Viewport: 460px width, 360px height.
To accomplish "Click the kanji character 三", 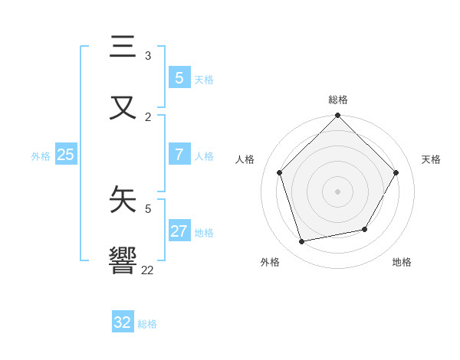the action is pyautogui.click(x=123, y=47).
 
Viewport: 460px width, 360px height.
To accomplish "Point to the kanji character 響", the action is pyautogui.click(x=123, y=260).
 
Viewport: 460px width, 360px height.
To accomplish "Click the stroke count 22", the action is pyautogui.click(x=147, y=270).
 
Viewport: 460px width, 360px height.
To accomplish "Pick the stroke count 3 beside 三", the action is pyautogui.click(x=148, y=56).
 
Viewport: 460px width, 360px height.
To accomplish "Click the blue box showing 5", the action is pyautogui.click(x=179, y=77).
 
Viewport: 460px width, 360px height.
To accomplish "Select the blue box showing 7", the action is pyautogui.click(x=179, y=154).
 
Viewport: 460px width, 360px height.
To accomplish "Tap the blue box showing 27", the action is pyautogui.click(x=179, y=231).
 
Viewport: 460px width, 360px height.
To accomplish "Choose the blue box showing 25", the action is pyautogui.click(x=65, y=155).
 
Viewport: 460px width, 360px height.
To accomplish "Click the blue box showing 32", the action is pyautogui.click(x=123, y=322).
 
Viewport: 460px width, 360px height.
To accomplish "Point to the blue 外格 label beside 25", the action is pyautogui.click(x=41, y=156).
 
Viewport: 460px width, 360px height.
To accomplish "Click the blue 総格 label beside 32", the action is pyautogui.click(x=147, y=324).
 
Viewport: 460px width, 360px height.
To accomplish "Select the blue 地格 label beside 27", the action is pyautogui.click(x=204, y=233).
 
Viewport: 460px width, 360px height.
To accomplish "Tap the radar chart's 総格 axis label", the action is pyautogui.click(x=338, y=100).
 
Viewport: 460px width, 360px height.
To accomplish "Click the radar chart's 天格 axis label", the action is pyautogui.click(x=431, y=159).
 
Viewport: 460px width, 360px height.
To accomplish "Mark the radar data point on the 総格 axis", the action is pyautogui.click(x=338, y=116).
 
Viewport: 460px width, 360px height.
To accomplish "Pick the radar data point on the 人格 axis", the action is pyautogui.click(x=280, y=172).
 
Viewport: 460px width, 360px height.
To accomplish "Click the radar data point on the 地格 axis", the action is pyautogui.click(x=365, y=229).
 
